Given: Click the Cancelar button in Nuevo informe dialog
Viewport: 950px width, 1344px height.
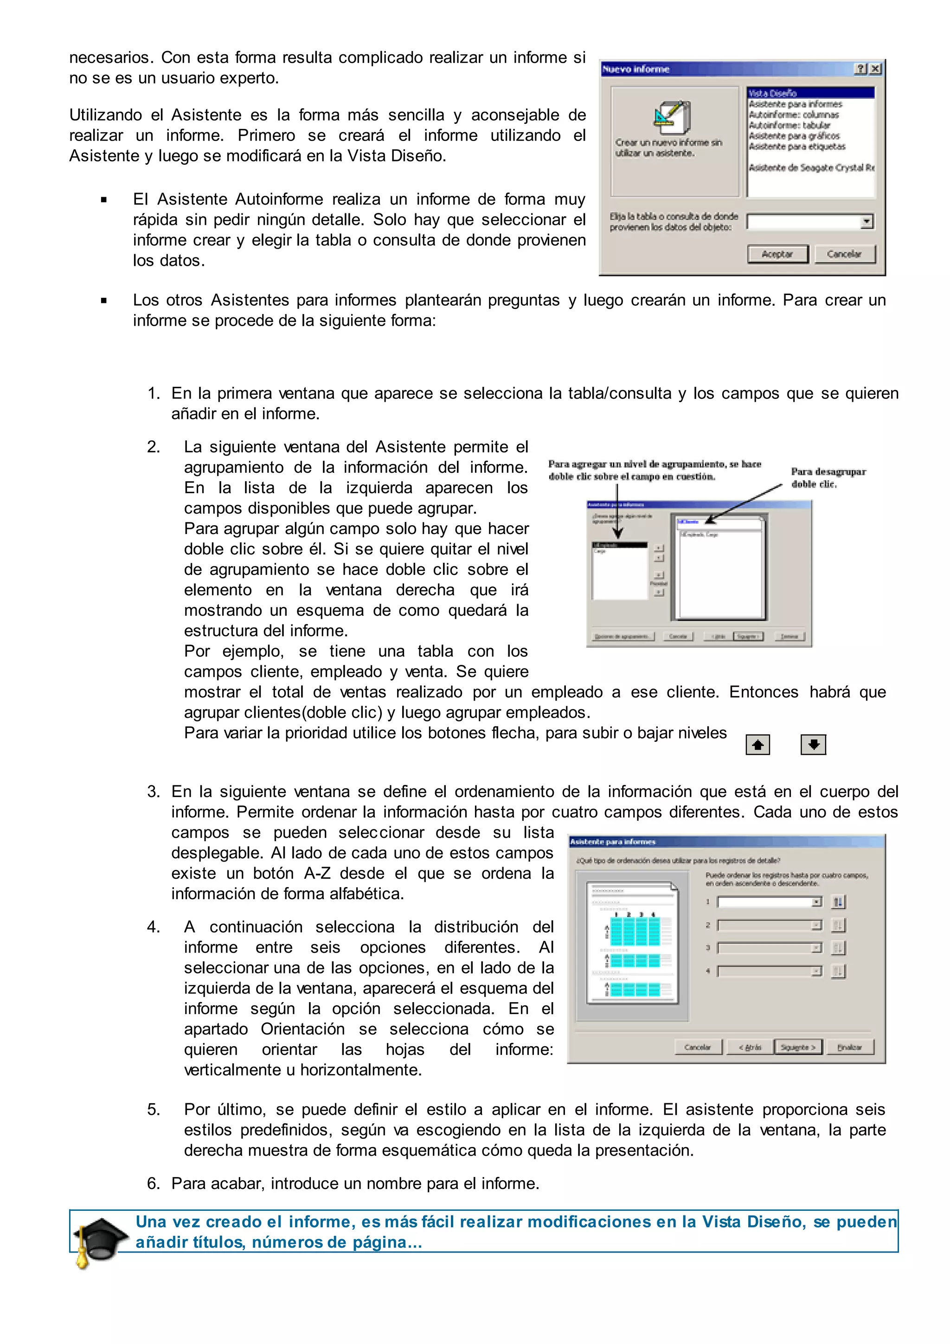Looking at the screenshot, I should click(x=843, y=254).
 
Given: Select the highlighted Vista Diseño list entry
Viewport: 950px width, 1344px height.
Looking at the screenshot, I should click(x=809, y=93).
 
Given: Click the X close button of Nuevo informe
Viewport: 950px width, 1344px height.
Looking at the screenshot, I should click(x=875, y=69).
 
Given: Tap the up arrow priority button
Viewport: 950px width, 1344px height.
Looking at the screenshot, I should click(x=757, y=745).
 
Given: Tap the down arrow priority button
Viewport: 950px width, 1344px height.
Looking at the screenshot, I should click(x=813, y=744).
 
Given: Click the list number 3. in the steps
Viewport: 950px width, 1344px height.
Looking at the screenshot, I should click(x=154, y=791).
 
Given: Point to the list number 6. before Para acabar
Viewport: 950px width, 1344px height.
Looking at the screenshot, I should click(x=154, y=1183).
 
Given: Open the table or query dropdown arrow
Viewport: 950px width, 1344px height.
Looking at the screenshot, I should click(x=867, y=222).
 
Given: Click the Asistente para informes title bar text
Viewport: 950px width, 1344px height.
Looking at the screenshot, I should click(x=612, y=842).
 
